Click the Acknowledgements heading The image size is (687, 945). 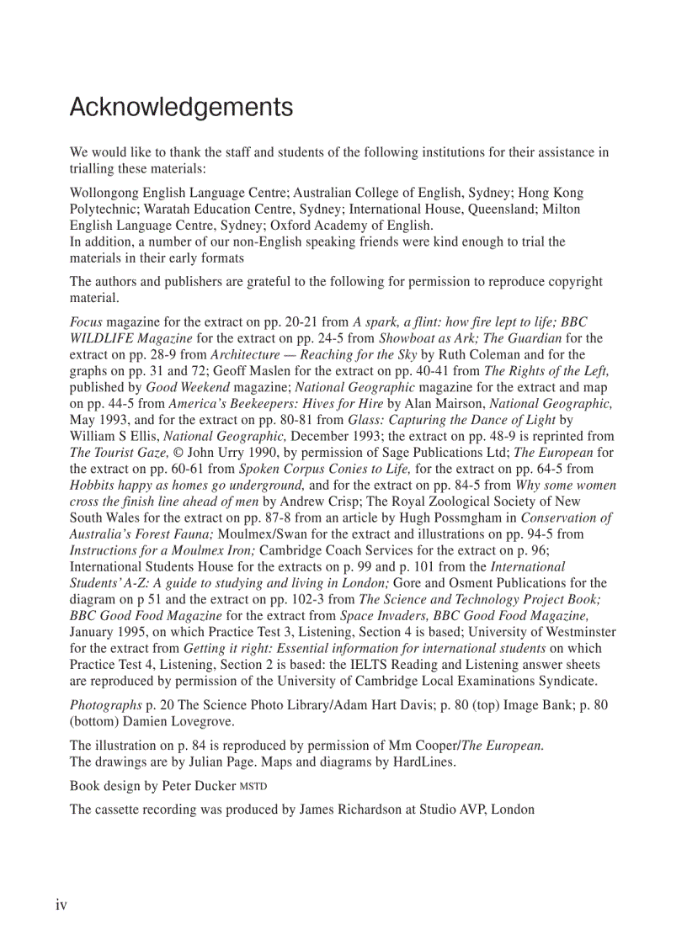[181, 108]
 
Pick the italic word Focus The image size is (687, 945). [86, 322]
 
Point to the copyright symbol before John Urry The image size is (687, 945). [178, 453]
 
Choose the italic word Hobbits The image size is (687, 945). [93, 486]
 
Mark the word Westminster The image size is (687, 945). [576, 632]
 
